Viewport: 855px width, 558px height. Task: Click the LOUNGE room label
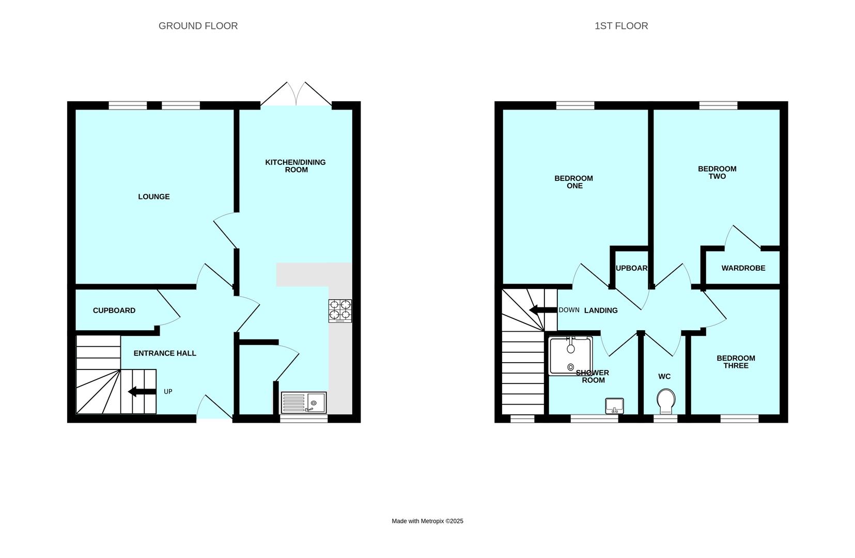pyautogui.click(x=154, y=196)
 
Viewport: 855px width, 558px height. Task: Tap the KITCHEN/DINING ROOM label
pyautogui.click(x=296, y=166)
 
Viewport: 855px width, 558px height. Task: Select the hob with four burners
pyautogui.click(x=340, y=311)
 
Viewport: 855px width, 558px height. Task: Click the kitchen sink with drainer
pyautogui.click(x=304, y=402)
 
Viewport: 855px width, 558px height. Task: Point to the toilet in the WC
pyautogui.click(x=666, y=401)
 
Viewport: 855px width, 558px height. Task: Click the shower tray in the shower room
pyautogui.click(x=571, y=355)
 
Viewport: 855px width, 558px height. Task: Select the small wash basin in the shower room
pyautogui.click(x=615, y=406)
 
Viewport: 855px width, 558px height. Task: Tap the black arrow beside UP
pyautogui.click(x=142, y=392)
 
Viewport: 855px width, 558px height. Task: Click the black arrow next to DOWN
pyautogui.click(x=543, y=310)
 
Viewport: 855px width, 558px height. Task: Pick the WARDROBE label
pyautogui.click(x=743, y=268)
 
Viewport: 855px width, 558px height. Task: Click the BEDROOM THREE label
pyautogui.click(x=736, y=362)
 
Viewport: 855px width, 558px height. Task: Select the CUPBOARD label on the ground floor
pyautogui.click(x=114, y=311)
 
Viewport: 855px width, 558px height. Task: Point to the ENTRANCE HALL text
pyautogui.click(x=165, y=353)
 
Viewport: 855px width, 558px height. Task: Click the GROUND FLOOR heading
pyautogui.click(x=198, y=26)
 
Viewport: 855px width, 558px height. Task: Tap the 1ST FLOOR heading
pyautogui.click(x=621, y=26)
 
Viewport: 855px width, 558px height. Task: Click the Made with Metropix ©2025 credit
pyautogui.click(x=428, y=521)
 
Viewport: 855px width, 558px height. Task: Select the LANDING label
pyautogui.click(x=601, y=311)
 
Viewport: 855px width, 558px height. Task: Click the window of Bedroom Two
pyautogui.click(x=718, y=105)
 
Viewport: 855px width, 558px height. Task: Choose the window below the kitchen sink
pyautogui.click(x=304, y=419)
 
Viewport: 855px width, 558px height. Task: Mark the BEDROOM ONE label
pyautogui.click(x=573, y=182)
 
